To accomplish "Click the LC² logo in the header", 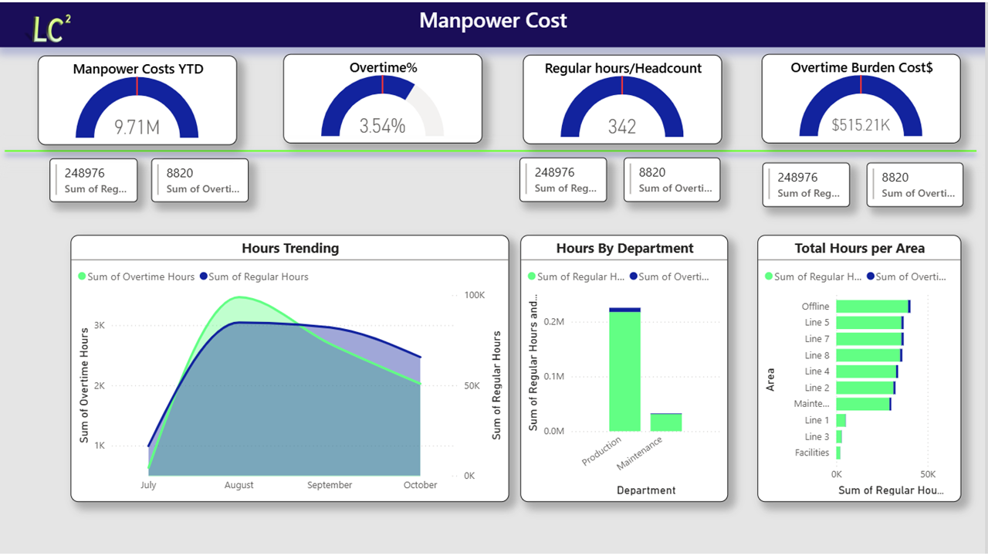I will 51,28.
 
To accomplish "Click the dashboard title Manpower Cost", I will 493,21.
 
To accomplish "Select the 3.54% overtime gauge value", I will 382,126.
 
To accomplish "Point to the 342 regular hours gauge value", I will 621,127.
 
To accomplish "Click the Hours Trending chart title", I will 289,248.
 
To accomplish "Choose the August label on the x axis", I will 239,485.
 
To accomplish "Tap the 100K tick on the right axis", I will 474,296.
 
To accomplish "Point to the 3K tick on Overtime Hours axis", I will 99,326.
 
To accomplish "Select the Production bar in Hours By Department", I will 624,371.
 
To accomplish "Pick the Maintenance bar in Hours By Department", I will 665,422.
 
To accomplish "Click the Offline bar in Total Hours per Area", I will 872,307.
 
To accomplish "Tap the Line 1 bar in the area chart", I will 841,420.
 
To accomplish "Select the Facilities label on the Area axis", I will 812,453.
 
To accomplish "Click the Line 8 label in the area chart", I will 817,355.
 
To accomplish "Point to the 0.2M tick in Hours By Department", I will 554,322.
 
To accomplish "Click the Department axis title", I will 646,490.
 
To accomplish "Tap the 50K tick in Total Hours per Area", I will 928,474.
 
